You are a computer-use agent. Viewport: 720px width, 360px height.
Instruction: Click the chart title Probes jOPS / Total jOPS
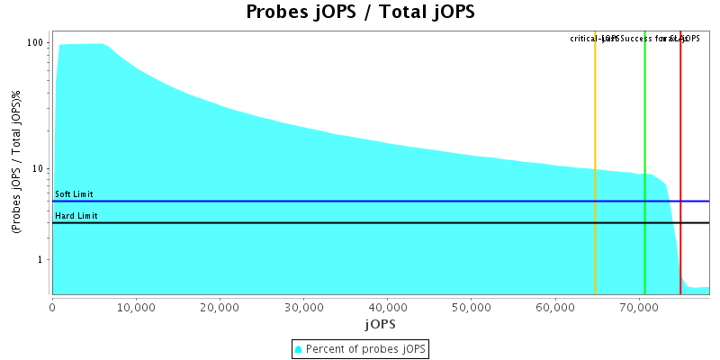coord(360,13)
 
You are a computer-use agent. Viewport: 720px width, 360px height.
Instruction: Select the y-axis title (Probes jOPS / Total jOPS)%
coord(17,166)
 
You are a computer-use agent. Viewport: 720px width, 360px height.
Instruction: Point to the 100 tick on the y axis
coord(36,43)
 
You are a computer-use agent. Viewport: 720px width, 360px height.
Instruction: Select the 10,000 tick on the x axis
coord(136,307)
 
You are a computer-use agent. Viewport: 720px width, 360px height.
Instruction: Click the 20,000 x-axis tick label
coord(220,307)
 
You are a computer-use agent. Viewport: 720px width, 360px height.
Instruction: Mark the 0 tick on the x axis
coord(53,307)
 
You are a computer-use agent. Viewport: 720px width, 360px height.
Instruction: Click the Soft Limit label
coord(74,194)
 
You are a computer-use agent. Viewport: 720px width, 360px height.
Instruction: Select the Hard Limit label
coord(76,216)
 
